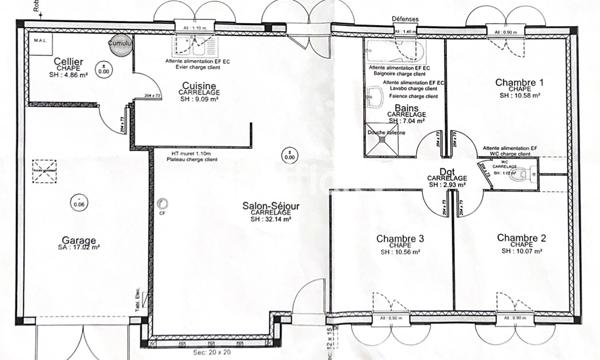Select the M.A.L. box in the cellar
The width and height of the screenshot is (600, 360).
click(x=40, y=41)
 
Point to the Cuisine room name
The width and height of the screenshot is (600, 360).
click(x=207, y=87)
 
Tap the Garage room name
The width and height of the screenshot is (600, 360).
click(x=77, y=240)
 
